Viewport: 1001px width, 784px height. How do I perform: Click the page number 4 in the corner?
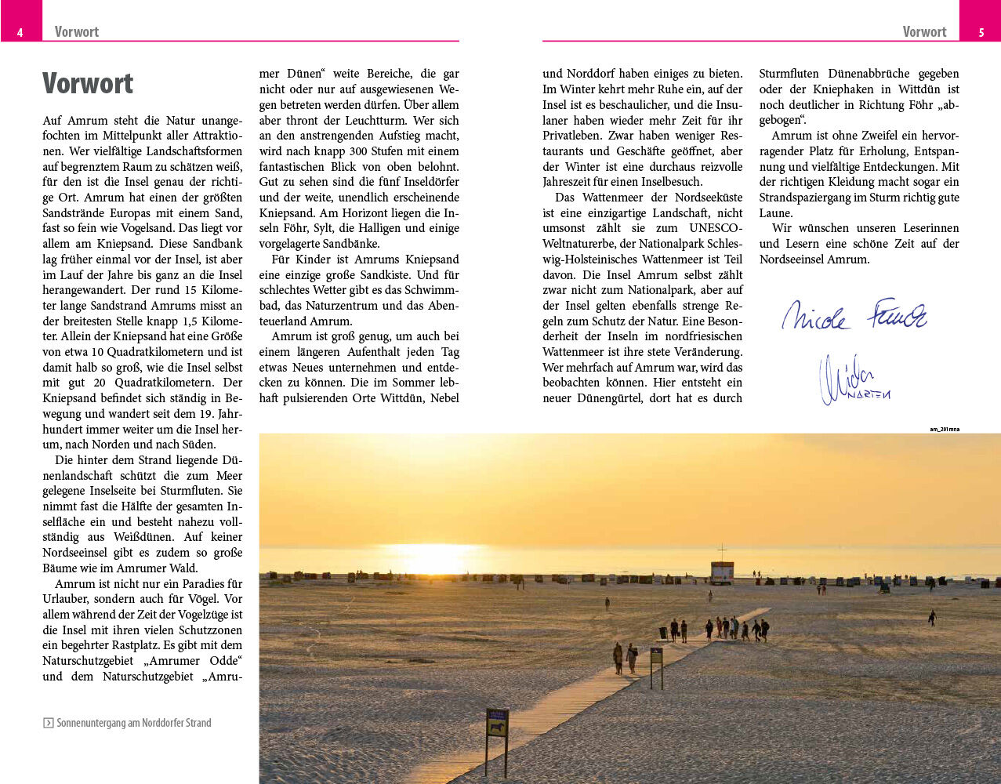click(x=20, y=32)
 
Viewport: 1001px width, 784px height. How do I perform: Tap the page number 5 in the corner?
click(x=981, y=32)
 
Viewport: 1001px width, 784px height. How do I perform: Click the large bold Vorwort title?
click(x=88, y=84)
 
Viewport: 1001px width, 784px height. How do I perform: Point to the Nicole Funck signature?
click(x=854, y=314)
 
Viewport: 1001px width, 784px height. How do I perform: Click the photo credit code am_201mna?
click(x=944, y=429)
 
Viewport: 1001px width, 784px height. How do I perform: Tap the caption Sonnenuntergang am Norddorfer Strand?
click(x=134, y=723)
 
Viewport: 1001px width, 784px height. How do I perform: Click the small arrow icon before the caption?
click(x=48, y=723)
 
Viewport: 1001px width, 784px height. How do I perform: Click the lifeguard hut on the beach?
click(x=722, y=571)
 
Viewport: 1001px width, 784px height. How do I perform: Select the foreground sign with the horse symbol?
click(x=497, y=723)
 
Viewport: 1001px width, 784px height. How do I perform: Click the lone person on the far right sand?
click(x=932, y=617)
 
